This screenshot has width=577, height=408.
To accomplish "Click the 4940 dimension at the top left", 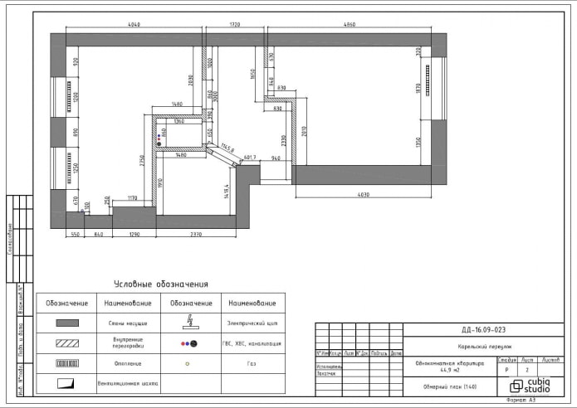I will click(x=134, y=25).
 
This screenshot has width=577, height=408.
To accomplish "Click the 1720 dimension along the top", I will click(x=234, y=25).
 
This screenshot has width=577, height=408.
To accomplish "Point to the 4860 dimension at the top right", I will click(x=350, y=25).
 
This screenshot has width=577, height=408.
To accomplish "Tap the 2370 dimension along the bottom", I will click(x=196, y=236).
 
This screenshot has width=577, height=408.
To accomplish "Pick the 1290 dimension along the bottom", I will click(x=134, y=236).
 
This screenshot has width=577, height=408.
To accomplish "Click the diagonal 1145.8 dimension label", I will click(x=227, y=150).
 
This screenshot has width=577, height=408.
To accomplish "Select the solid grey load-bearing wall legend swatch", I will click(x=67, y=323).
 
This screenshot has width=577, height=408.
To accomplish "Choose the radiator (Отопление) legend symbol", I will click(x=67, y=363).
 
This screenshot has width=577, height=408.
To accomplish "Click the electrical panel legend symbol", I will click(x=190, y=320).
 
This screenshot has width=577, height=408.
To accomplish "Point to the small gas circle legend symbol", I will click(x=188, y=363).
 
